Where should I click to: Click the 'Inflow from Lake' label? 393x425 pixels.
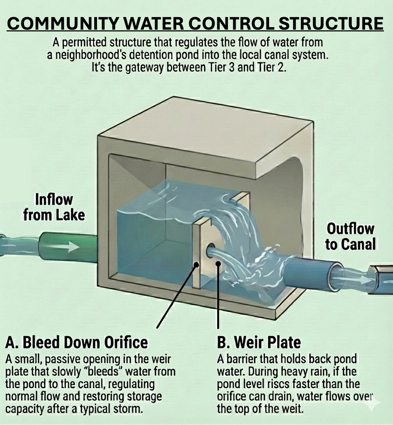tap(54, 207)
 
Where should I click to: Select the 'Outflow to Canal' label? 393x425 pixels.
tap(350, 237)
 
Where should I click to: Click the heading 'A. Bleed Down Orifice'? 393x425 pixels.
tap(76, 342)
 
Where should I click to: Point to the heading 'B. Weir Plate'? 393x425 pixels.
tap(259, 342)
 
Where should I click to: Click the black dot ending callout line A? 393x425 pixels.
tap(196, 265)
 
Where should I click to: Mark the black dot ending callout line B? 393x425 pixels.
tap(218, 264)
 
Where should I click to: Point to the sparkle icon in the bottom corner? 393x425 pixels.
tap(373, 402)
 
